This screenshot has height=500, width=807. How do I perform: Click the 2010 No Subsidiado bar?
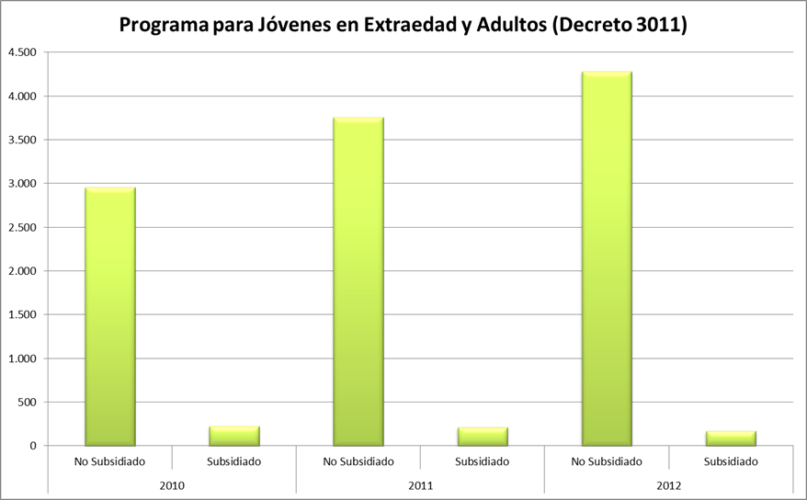pyautogui.click(x=110, y=317)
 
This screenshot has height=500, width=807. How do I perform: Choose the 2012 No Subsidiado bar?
pyautogui.click(x=607, y=258)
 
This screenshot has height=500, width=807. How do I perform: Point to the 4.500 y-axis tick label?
pyautogui.click(x=22, y=52)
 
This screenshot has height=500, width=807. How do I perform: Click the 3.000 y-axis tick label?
pyautogui.click(x=22, y=184)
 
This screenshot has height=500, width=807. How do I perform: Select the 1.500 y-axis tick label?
pyautogui.click(x=22, y=314)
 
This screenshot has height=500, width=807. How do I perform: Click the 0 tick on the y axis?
pyautogui.click(x=32, y=446)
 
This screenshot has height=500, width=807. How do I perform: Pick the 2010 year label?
pyautogui.click(x=172, y=484)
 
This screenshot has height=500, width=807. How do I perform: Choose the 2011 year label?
pyautogui.click(x=420, y=484)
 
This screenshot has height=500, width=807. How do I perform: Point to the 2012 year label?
pyautogui.click(x=668, y=484)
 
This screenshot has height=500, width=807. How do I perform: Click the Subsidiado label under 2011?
pyautogui.click(x=483, y=461)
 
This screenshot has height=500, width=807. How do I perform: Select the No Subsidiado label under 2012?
pyautogui.click(x=607, y=461)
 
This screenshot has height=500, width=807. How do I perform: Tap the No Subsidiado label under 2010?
pyautogui.click(x=110, y=461)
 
